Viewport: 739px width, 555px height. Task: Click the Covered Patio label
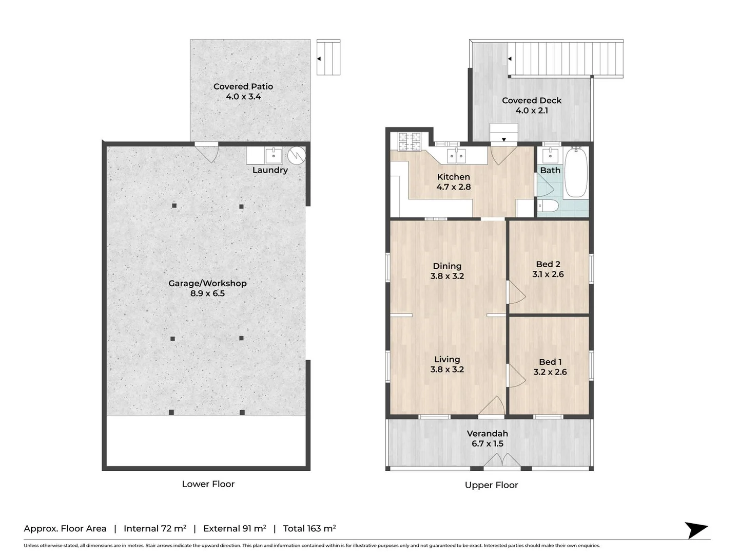243,87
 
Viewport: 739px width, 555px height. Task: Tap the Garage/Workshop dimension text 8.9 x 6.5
207,293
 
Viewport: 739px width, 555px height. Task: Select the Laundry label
270,170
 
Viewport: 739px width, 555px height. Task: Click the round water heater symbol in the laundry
296,155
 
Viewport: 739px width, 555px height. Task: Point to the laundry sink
274,155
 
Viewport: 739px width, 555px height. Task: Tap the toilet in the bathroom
548,205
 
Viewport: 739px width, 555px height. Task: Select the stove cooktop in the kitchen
410,141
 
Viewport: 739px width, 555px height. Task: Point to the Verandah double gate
501,460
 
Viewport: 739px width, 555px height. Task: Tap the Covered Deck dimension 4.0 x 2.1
532,110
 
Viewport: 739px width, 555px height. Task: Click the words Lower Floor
208,484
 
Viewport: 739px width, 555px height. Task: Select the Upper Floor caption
491,485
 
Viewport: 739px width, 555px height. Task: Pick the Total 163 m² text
309,528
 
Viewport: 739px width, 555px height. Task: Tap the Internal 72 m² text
155,528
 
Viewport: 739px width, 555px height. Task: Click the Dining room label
447,266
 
